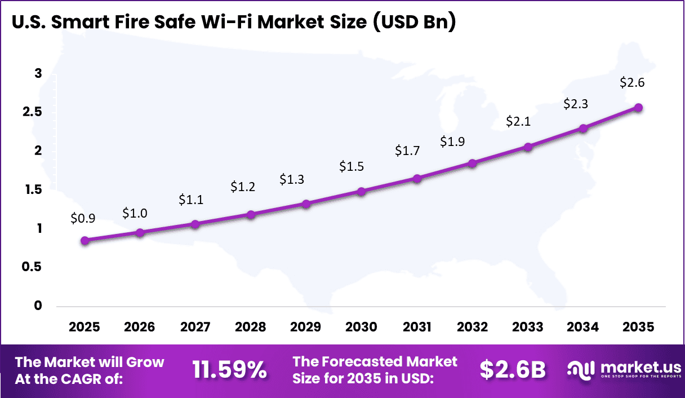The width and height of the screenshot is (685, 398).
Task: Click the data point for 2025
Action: pyautogui.click(x=84, y=241)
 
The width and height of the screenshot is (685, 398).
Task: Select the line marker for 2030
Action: pyautogui.click(x=362, y=192)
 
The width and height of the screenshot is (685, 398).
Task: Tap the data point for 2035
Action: pyautogui.click(x=638, y=108)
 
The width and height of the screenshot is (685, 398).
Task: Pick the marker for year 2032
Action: pyautogui.click(x=472, y=163)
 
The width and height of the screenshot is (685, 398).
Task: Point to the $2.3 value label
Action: pyautogui.click(x=576, y=104)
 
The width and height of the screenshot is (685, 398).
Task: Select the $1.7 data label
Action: pyautogui.click(x=407, y=151)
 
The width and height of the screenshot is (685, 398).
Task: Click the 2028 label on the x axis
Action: pyautogui.click(x=251, y=328)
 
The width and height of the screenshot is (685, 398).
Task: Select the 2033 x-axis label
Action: pyautogui.click(x=528, y=328)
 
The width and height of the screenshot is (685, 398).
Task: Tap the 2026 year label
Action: pyautogui.click(x=140, y=328)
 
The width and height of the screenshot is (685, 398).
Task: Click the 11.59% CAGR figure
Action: pyautogui.click(x=229, y=370)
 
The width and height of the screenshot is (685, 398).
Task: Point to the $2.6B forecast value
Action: pyautogui.click(x=513, y=370)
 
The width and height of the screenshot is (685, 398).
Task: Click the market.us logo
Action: pyautogui.click(x=623, y=370)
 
